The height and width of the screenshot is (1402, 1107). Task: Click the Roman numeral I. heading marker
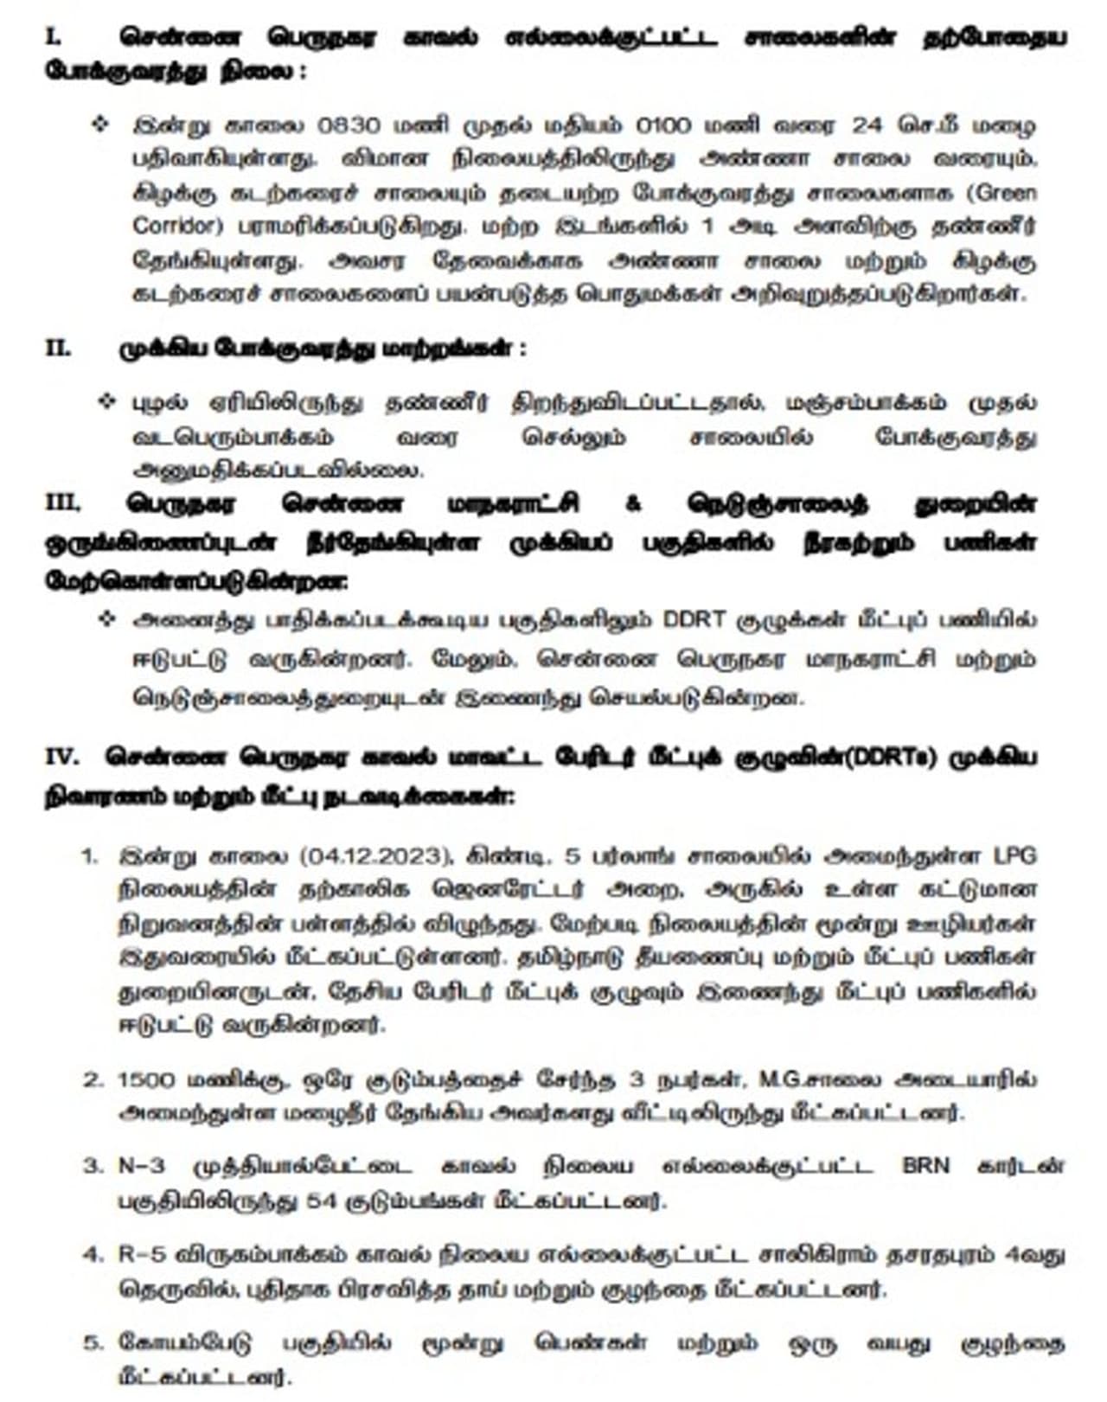tap(53, 37)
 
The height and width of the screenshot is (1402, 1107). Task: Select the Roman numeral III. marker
tap(63, 503)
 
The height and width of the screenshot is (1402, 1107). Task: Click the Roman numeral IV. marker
tap(62, 756)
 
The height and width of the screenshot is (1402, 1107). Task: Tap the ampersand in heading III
tap(633, 503)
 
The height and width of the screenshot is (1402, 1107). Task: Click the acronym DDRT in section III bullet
tap(696, 620)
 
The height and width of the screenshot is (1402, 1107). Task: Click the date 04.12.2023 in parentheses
tap(377, 855)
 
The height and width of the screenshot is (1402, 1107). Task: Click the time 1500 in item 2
tap(146, 1079)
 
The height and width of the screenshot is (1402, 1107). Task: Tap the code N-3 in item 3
tap(141, 1165)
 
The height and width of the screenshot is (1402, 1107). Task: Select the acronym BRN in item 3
tap(925, 1165)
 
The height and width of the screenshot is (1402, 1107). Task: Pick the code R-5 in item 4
tap(141, 1253)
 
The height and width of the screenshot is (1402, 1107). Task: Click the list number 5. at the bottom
tap(93, 1342)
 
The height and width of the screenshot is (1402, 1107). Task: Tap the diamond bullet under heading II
tap(107, 401)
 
